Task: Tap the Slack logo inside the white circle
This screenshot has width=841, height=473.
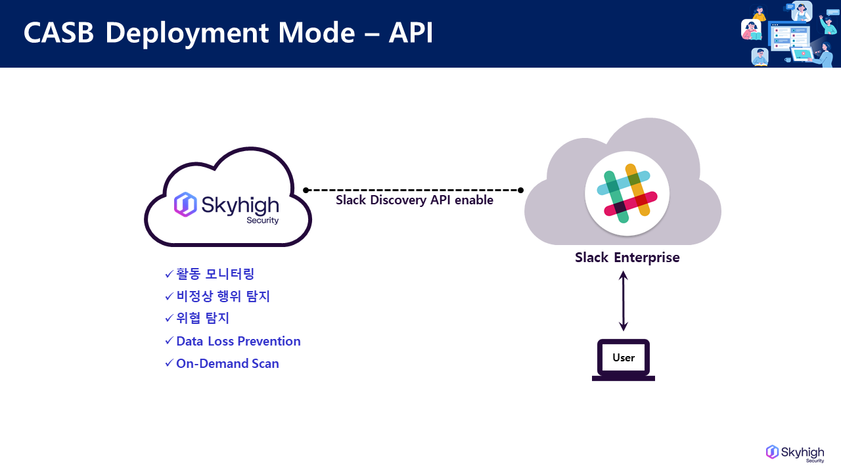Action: pos(627,193)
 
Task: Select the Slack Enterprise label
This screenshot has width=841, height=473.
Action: pos(627,257)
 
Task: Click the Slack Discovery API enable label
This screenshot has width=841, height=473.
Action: pos(414,200)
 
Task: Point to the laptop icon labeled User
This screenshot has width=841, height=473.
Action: pos(624,359)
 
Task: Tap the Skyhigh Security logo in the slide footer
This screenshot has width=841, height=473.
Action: pos(795,453)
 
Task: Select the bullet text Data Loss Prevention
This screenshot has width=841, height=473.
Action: pos(238,341)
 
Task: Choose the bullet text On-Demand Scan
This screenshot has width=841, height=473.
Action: pos(227,363)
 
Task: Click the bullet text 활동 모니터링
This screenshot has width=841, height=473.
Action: pos(215,274)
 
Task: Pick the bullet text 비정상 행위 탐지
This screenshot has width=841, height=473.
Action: pos(223,296)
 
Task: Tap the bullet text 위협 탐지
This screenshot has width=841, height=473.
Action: pos(202,319)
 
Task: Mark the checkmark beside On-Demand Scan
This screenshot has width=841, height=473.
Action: pos(169,363)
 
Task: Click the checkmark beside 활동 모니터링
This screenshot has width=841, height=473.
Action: pos(169,274)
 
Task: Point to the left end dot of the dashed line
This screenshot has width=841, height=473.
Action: pos(306,191)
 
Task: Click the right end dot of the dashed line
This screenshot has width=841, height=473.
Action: pos(520,191)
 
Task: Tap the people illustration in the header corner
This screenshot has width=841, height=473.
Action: pos(789,34)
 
